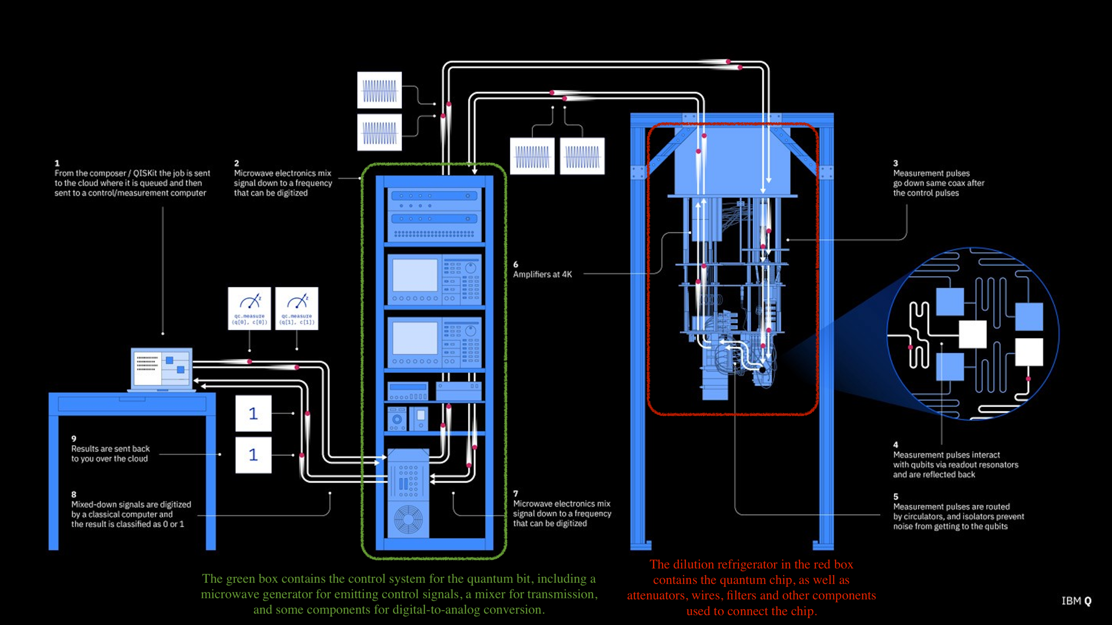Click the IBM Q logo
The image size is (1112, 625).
pos(1076,601)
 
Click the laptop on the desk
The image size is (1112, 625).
pos(162,369)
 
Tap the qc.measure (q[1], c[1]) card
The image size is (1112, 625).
pos(297,309)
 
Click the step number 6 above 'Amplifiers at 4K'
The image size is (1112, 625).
pos(515,264)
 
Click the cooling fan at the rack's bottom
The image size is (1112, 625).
pos(408,519)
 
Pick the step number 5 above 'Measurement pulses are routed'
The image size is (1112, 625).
pos(896,496)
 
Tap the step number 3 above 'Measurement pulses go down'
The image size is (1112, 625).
pos(896,163)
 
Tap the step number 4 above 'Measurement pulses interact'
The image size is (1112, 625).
pos(896,445)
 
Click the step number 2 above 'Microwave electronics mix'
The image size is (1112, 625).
pos(236,163)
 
